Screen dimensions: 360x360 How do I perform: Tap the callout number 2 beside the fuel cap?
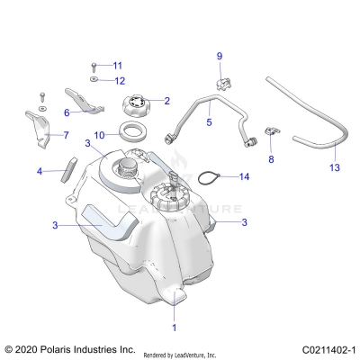[x=167, y=101]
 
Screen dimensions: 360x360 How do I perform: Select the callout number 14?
[x=244, y=177]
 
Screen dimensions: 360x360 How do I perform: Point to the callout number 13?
[x=334, y=167]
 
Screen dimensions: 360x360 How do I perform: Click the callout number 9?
[x=219, y=57]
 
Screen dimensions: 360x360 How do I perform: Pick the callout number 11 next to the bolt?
[x=117, y=66]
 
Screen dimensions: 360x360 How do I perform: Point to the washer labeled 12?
[x=94, y=80]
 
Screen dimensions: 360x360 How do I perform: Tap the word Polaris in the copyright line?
[x=56, y=348]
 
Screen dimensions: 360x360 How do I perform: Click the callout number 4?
[x=39, y=170]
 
